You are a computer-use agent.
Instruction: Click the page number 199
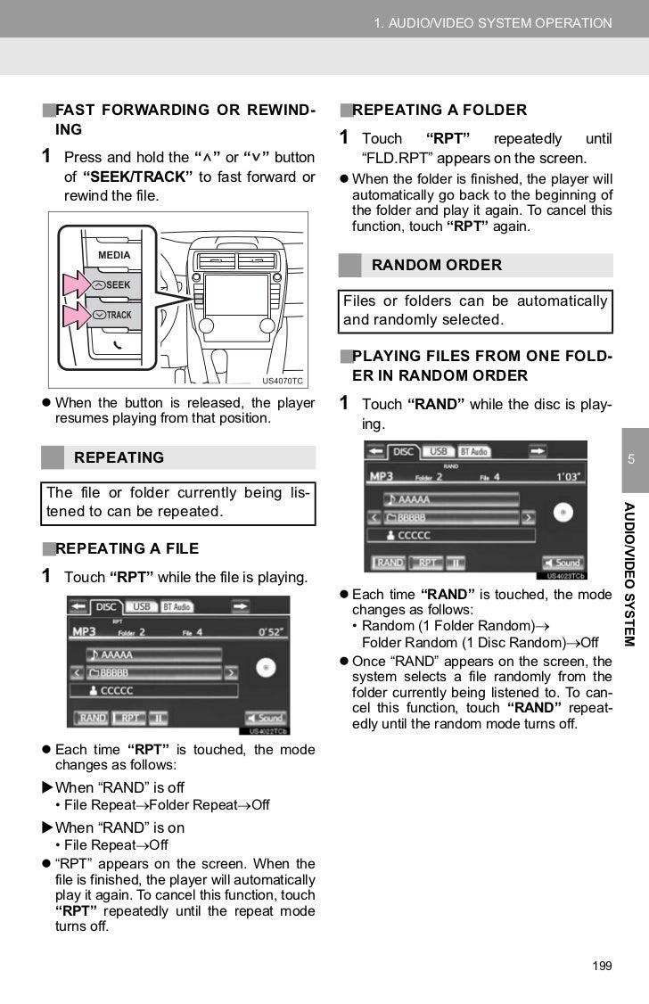click(603, 967)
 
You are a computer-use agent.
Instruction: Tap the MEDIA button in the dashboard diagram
click(113, 256)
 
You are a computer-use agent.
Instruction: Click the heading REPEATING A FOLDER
click(440, 110)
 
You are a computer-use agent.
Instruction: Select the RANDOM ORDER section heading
click(436, 265)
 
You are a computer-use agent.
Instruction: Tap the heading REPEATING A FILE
click(127, 548)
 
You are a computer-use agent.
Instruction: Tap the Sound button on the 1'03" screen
click(560, 563)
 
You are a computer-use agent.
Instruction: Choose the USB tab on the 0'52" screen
click(141, 606)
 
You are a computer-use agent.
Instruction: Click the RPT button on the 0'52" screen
click(130, 717)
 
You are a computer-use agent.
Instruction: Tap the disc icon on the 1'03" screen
click(563, 512)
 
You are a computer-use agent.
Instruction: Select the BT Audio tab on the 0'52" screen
click(177, 606)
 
